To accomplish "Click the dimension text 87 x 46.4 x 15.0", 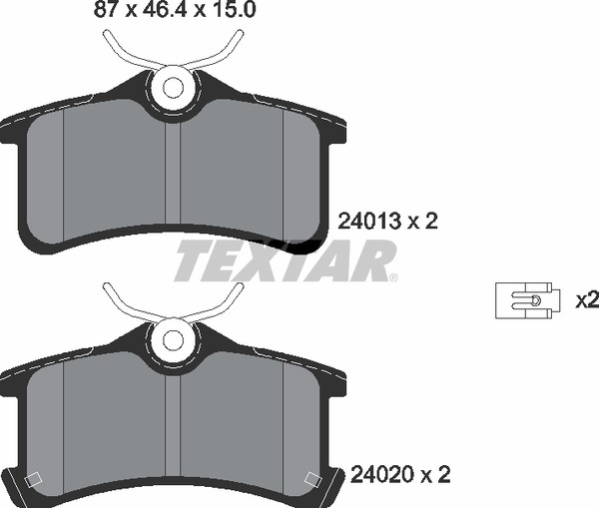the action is pos(175,9).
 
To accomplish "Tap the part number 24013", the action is pos(369,222).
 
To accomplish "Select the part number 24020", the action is pos(382,475).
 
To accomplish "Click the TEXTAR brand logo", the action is pos(285,260).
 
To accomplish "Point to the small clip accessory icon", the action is pos(527,300).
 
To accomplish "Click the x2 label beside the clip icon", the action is pos(587,300).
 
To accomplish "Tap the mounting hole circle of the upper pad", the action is pos(173,88).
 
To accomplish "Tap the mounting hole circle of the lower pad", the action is pos(173,340).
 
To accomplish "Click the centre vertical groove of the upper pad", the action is pos(173,173).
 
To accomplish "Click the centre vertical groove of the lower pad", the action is pos(173,425).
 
